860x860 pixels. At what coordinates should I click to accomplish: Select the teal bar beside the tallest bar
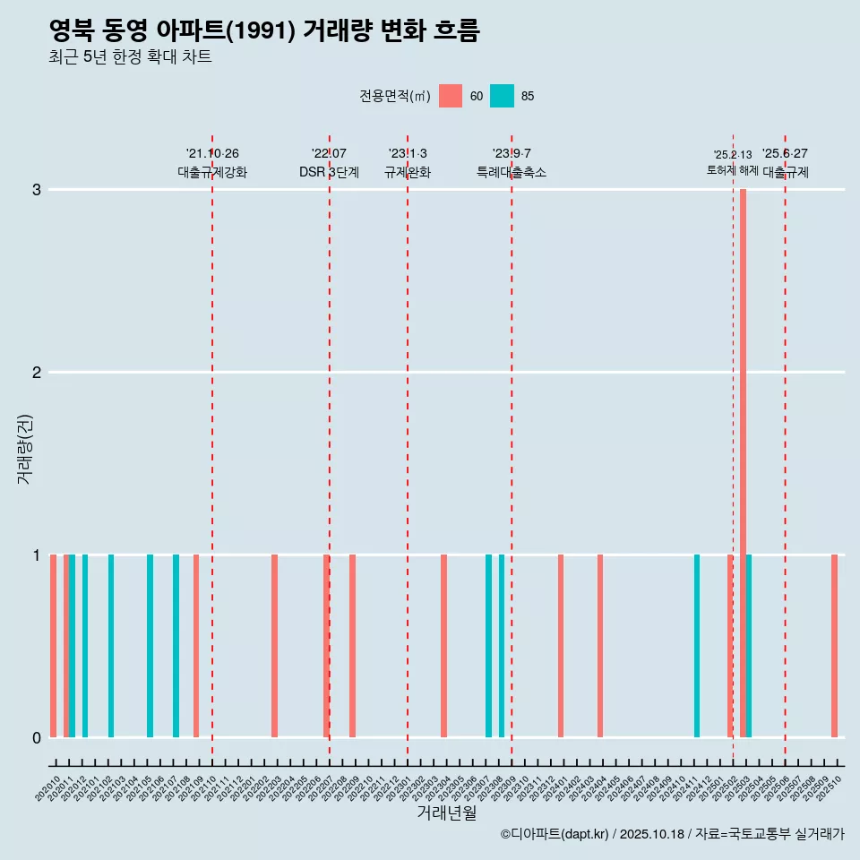749,645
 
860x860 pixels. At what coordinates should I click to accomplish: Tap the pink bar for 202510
834,645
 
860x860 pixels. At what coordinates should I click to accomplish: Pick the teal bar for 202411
697,645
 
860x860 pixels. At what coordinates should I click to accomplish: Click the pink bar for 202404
600,645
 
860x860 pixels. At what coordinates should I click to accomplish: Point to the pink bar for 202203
274,645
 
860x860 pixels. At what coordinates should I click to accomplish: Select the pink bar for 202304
443,645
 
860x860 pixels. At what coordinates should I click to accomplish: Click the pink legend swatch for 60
451,96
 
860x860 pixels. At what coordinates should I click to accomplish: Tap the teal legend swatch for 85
503,96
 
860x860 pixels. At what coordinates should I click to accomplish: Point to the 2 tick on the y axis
37,372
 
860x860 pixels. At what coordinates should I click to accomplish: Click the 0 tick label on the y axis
37,737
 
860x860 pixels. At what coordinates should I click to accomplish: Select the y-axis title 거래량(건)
24,448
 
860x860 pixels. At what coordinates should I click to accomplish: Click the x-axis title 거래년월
446,813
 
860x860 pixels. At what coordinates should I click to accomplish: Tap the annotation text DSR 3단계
329,172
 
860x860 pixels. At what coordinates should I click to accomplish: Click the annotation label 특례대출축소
511,172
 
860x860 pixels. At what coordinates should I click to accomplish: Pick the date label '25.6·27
785,153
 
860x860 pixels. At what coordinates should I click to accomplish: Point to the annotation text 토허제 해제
732,169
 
